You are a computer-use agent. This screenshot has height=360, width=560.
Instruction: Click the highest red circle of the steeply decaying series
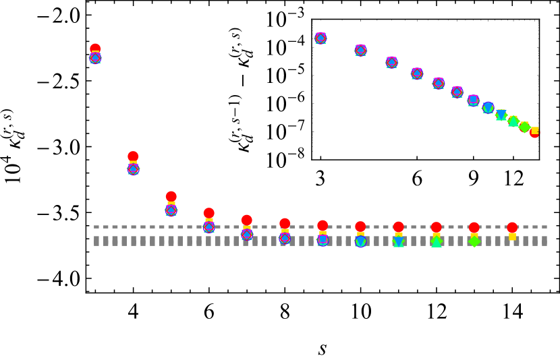(95, 49)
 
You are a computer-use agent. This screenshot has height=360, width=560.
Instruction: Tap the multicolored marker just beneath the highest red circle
(95, 58)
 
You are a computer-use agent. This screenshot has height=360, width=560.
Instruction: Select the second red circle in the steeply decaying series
(133, 156)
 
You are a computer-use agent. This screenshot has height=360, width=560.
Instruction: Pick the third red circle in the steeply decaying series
(171, 196)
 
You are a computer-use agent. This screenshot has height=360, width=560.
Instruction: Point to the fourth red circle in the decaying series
(208, 213)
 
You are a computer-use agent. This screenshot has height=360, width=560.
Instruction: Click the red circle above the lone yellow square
(512, 227)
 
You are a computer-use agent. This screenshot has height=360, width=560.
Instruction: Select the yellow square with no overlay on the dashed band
(512, 237)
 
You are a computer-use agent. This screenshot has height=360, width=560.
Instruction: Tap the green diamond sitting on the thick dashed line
(474, 241)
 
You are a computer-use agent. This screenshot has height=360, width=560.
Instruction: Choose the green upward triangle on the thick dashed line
(437, 241)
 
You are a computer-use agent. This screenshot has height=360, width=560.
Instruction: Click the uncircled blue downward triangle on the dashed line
(399, 241)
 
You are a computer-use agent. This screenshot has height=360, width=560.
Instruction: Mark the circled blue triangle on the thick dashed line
(361, 241)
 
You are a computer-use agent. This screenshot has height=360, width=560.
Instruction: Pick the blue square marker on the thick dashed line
(323, 239)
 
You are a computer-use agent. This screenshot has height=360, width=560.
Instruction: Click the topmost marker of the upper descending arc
(320, 38)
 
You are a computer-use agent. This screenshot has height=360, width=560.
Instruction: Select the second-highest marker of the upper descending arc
(360, 51)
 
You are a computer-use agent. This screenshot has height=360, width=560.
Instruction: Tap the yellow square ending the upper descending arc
(535, 130)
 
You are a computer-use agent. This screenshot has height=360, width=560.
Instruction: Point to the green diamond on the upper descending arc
(524, 127)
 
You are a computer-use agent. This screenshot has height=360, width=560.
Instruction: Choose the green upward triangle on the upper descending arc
(513, 121)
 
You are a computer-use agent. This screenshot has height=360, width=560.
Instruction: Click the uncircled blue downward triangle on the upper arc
(501, 115)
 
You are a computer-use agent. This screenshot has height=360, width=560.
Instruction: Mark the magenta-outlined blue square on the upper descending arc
(473, 100)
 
